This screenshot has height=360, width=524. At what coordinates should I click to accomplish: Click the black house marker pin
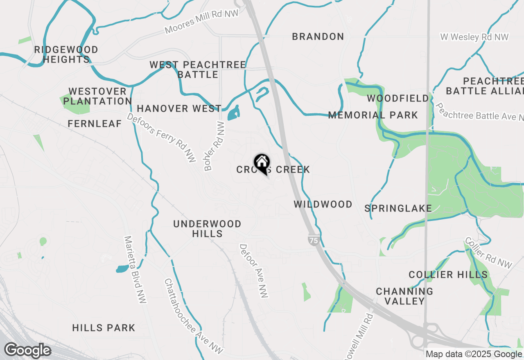[x=262, y=163]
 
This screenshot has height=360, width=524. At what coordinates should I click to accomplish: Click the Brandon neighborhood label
[x=318, y=36]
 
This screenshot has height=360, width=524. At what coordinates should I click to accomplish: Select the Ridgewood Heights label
[x=66, y=54]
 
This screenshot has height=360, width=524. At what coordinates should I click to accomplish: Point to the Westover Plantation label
[x=97, y=96]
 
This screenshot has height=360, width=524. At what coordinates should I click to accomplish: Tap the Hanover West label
[x=179, y=108]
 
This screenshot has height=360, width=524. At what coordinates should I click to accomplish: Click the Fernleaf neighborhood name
[x=95, y=124]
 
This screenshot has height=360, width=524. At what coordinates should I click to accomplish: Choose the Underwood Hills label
[x=207, y=229]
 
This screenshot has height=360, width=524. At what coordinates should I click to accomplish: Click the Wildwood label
[x=323, y=204]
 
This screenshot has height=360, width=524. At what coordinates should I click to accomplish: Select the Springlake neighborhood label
[x=398, y=208]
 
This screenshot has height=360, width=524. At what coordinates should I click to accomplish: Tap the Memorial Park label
[x=373, y=115]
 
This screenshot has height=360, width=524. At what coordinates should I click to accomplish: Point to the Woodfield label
[x=398, y=98]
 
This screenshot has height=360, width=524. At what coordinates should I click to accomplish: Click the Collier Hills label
[x=448, y=274]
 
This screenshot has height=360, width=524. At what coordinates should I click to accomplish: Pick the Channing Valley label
[x=404, y=296]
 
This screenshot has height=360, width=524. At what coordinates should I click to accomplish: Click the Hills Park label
[x=104, y=328]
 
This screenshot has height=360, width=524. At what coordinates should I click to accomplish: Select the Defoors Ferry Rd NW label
[x=162, y=138]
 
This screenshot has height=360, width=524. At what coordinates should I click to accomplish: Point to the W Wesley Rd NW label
[x=474, y=37]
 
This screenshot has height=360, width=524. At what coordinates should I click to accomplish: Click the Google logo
[x=27, y=351]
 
